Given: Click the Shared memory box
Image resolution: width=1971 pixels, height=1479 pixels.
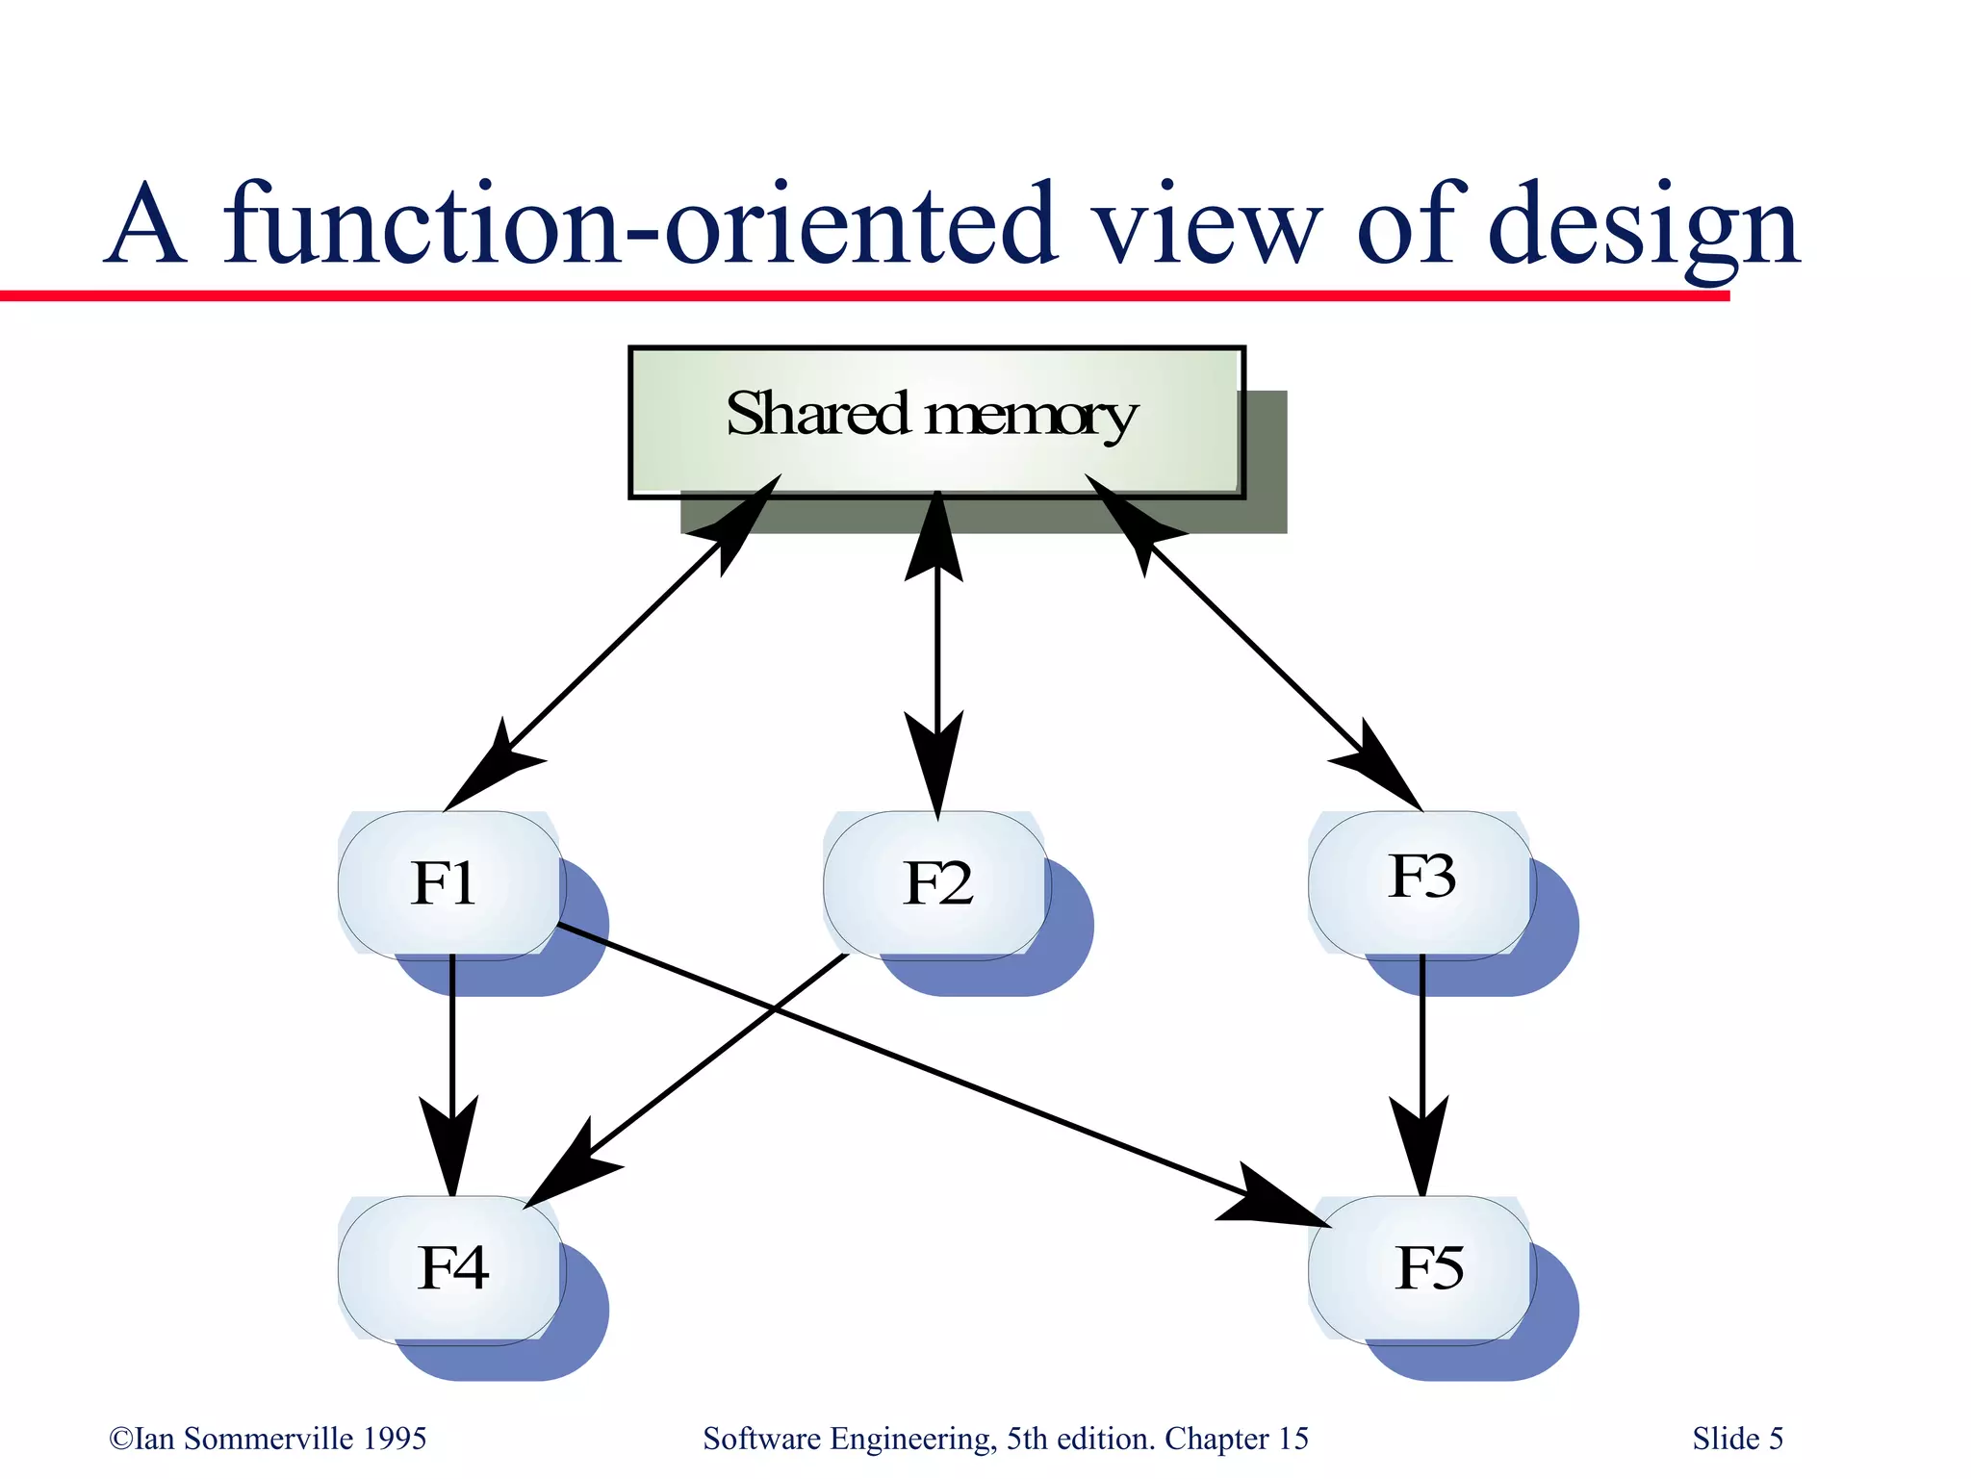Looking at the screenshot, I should click(x=935, y=421).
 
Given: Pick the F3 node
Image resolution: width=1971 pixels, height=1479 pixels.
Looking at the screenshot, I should click(x=1421, y=883).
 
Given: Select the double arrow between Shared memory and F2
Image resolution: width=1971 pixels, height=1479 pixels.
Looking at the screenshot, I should click(x=936, y=654).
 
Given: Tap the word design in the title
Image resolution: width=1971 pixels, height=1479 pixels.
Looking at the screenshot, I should click(x=1644, y=226).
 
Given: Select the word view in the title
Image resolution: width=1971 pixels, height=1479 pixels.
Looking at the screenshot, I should click(x=1208, y=226).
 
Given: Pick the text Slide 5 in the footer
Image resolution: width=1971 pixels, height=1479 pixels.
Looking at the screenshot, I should click(x=1737, y=1439).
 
